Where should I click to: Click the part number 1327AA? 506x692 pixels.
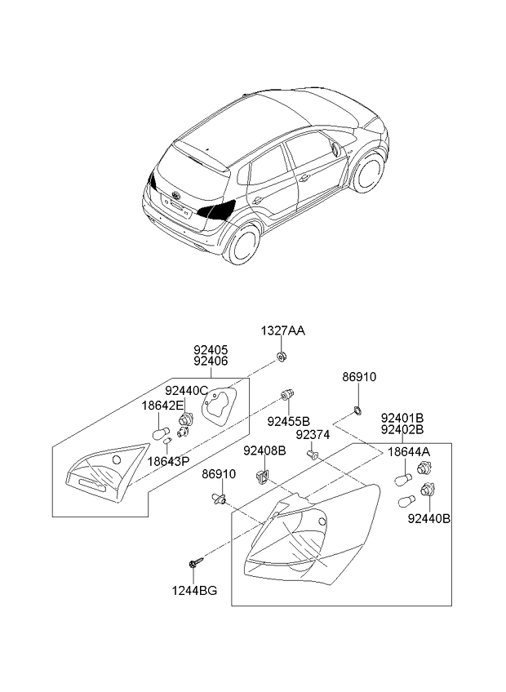[x=282, y=330]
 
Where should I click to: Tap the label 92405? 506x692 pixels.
[x=211, y=348]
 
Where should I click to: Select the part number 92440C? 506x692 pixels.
[x=187, y=391]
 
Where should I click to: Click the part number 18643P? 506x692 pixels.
[x=168, y=460]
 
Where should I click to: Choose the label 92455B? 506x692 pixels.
[x=289, y=421]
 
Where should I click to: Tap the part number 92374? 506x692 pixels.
[x=313, y=435]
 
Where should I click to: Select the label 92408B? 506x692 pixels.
[x=264, y=450]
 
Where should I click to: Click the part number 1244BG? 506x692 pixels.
[x=195, y=589]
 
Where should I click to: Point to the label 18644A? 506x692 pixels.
[x=409, y=451]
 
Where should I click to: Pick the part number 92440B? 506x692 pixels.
[x=428, y=517]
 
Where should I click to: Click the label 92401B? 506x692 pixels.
[x=402, y=417]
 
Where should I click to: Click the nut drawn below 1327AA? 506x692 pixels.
[x=282, y=357]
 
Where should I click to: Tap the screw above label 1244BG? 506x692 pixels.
[x=194, y=562]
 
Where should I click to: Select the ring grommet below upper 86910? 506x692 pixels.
[x=357, y=409]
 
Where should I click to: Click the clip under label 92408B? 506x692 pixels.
[x=263, y=474]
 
